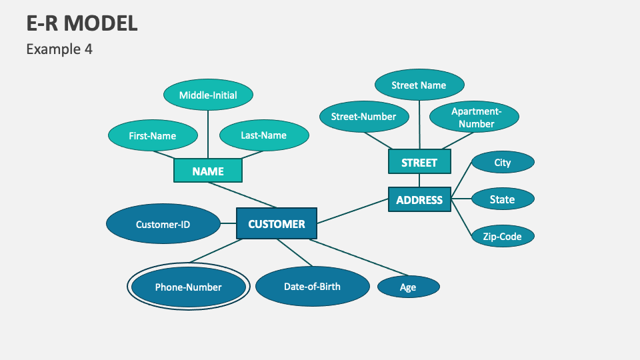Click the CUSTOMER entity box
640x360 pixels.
277,224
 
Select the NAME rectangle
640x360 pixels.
208,171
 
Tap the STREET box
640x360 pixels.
419,162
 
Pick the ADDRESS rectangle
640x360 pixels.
419,199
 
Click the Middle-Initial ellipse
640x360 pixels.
208,95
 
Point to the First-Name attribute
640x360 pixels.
153,135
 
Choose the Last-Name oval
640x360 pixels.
264,135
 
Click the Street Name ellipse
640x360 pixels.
419,85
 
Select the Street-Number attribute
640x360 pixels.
363,117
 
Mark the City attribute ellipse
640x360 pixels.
503,162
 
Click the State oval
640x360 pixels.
503,199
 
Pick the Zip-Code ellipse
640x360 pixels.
503,235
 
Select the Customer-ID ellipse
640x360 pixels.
163,224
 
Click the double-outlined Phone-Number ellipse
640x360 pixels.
189,287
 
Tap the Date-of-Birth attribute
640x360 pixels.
312,287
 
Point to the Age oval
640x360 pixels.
408,287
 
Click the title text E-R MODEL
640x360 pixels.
82,23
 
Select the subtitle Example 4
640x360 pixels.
59,49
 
